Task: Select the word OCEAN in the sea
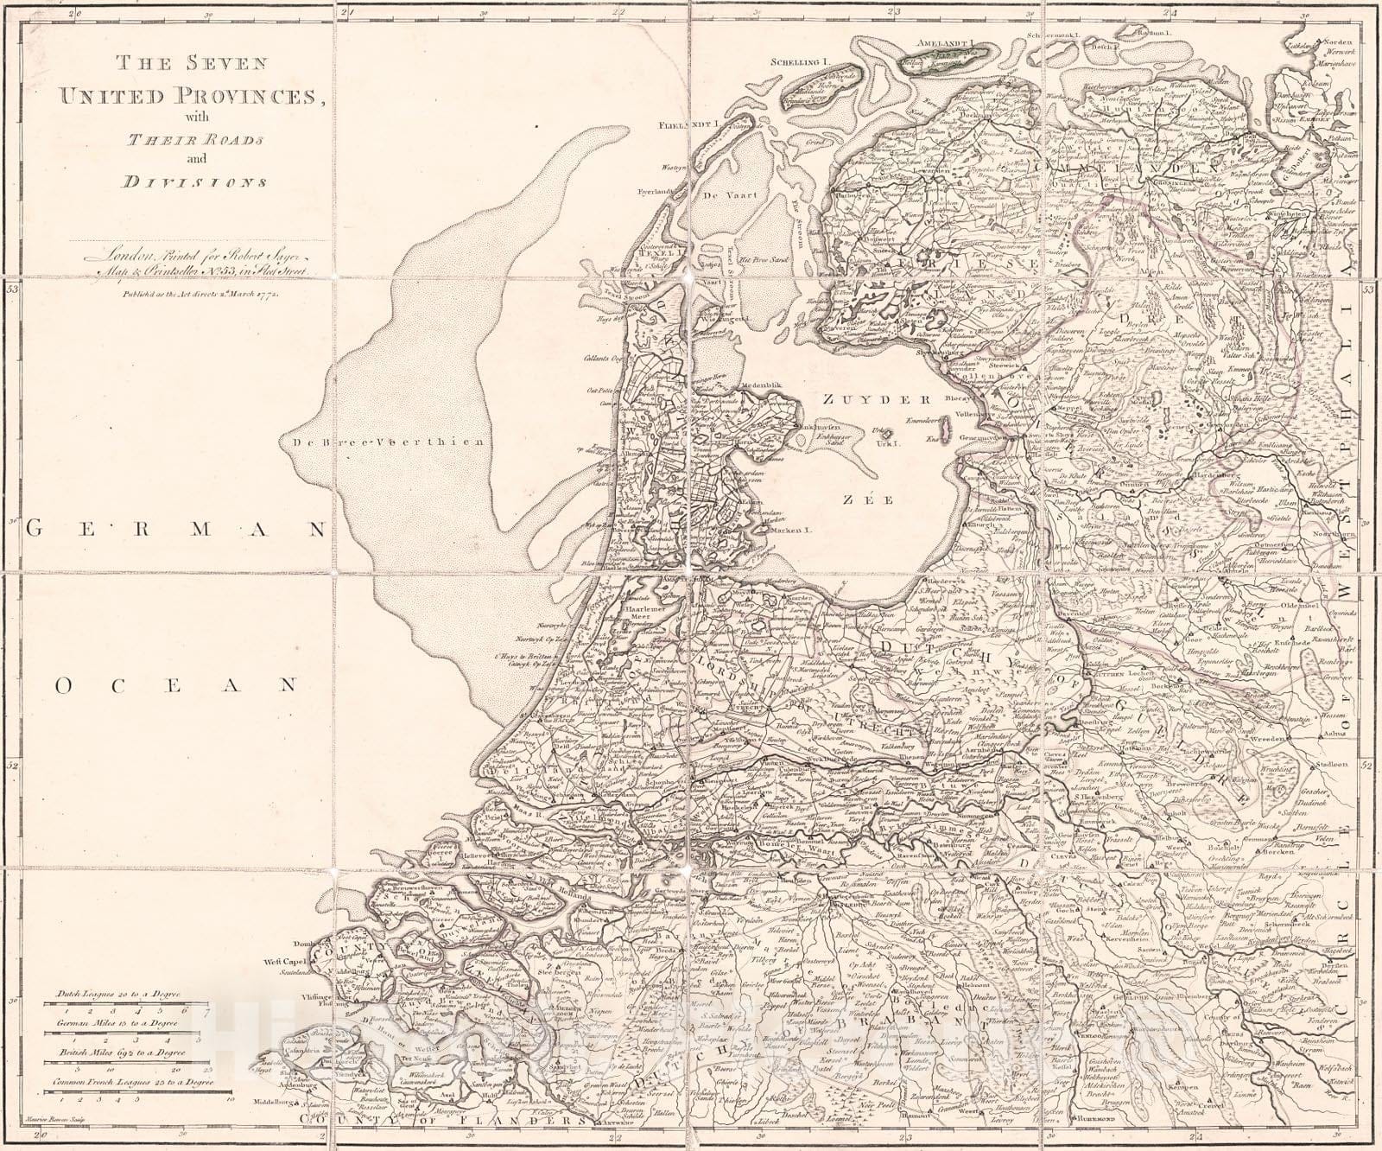coord(175,685)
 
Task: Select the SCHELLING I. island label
coord(800,62)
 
